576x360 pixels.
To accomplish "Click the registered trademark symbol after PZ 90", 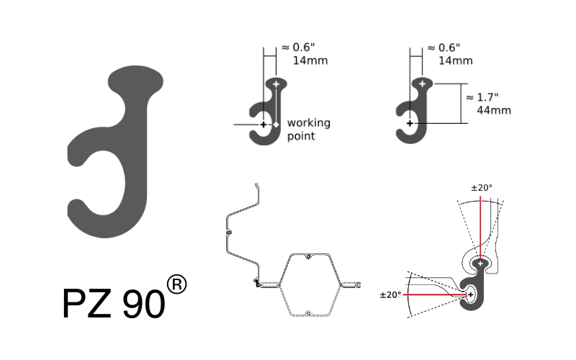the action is (176, 284).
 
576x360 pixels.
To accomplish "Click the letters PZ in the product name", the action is (87, 303).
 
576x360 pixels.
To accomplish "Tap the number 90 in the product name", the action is (143, 304).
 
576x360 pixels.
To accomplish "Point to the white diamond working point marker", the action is (276, 125).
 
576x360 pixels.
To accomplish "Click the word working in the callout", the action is (309, 123).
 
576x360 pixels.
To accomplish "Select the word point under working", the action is (301, 136).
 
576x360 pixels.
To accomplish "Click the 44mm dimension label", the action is (494, 110).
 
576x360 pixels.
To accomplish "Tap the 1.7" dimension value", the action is (487, 97).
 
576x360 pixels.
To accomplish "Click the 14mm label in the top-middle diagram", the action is (310, 60).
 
